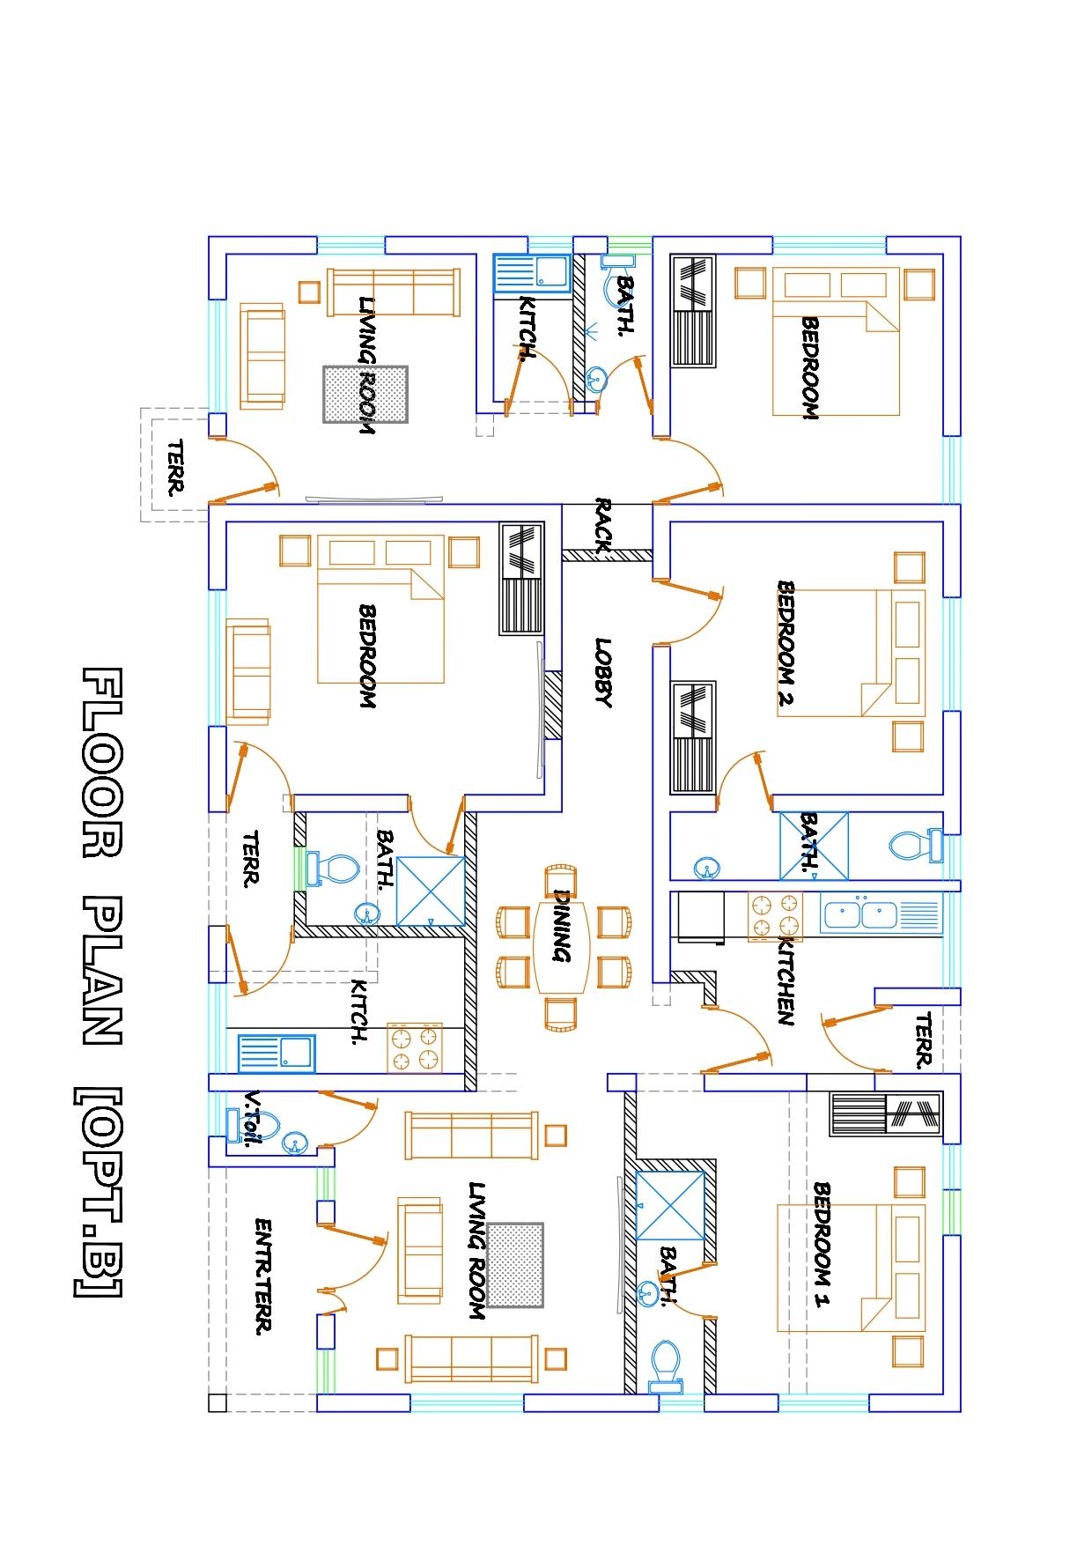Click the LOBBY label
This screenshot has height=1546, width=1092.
click(603, 672)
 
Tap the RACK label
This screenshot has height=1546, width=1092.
click(603, 526)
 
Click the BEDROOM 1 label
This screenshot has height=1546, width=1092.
click(822, 1245)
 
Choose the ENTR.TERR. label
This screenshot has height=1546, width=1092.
click(262, 1276)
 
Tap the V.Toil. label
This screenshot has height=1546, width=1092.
click(253, 1119)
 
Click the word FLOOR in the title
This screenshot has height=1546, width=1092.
click(103, 762)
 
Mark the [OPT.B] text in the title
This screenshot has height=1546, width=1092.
click(99, 1193)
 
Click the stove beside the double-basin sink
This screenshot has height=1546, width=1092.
click(775, 915)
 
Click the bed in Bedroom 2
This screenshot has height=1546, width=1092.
click(851, 652)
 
